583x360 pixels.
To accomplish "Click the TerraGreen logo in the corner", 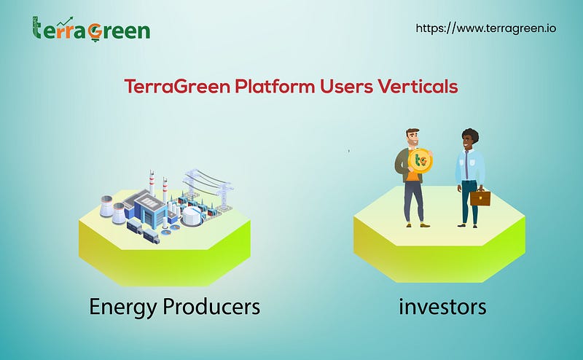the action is tap(91, 29).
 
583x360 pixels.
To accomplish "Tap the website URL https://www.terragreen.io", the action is tap(486, 28).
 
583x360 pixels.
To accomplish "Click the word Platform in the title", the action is tap(275, 87).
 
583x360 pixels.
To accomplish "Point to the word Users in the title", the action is tap(346, 87).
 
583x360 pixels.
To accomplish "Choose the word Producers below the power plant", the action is tap(211, 307).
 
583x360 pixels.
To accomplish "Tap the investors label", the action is tap(442, 307).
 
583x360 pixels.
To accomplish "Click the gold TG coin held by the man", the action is tap(420, 160).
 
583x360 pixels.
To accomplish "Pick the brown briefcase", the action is tap(480, 197).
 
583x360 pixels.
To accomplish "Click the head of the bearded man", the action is tap(412, 138).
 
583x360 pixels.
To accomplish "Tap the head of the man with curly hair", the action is tap(469, 139).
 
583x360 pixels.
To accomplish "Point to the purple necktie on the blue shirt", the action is tap(466, 164).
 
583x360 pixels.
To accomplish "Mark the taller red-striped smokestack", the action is tap(152, 183).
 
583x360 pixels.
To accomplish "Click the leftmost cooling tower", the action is tap(106, 206).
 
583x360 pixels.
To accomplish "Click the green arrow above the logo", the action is tap(65, 22).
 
